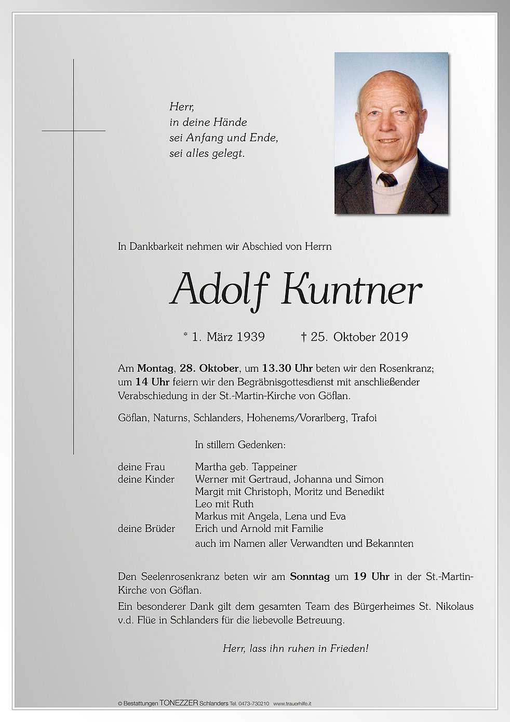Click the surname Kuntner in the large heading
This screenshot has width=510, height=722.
pos(351,290)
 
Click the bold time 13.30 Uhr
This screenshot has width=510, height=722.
pos(287,369)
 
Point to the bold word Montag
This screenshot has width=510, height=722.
pos(155,369)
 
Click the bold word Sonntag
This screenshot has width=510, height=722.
pos(310,577)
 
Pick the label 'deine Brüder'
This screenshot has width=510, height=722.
pos(146,529)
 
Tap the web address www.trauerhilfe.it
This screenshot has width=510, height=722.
pos(292,703)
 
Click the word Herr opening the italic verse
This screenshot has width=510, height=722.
pos(181,107)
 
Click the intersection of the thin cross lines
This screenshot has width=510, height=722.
pos(74,131)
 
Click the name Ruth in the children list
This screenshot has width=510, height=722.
pos(244,504)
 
